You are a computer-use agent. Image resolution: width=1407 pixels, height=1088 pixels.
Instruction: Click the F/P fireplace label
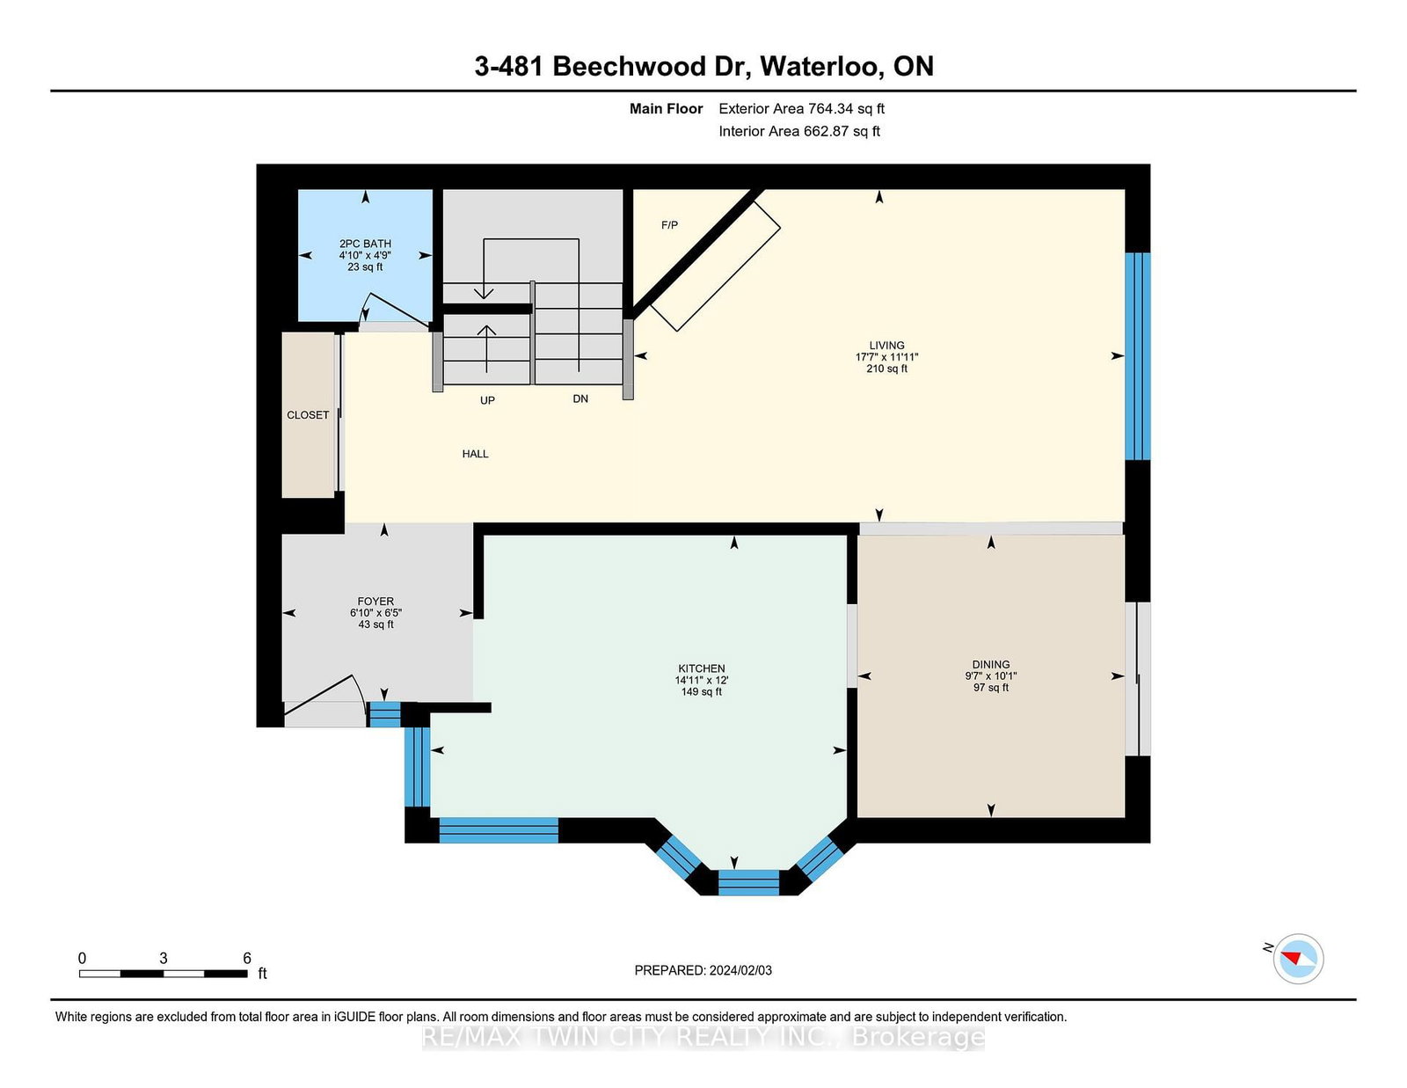coord(669,225)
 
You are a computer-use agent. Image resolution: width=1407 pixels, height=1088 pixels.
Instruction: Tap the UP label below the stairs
coord(487,400)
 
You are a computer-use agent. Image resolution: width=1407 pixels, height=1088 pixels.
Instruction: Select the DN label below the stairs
coord(580,399)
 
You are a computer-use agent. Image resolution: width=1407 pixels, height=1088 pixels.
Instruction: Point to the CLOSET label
coord(308,415)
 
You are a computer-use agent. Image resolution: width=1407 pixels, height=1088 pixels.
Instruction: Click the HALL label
coord(475,454)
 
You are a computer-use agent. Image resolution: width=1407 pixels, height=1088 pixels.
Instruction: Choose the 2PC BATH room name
coord(365,244)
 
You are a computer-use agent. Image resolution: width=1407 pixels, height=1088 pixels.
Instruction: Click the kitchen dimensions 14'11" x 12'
coord(702,680)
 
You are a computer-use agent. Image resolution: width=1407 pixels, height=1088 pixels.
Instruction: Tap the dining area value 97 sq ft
coord(991,687)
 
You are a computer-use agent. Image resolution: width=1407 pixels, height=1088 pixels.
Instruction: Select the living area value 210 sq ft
coord(887,369)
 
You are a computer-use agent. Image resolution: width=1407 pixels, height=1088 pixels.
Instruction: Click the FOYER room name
coord(375,601)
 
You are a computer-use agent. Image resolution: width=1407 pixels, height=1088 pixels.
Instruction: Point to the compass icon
coord(1298,959)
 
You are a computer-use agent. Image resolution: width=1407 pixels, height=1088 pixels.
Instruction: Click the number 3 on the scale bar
coord(164,959)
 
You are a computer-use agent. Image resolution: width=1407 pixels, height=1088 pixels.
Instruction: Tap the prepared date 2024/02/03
coord(740,970)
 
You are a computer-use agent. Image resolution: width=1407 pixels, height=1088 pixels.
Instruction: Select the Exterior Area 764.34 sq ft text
coord(802,109)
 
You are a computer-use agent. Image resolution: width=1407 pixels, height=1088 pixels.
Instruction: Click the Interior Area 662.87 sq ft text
coord(799,131)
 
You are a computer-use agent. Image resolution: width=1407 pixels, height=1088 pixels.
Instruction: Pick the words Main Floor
coord(667,109)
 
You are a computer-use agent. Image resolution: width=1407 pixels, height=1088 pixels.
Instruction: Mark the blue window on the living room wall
coord(1138,356)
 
